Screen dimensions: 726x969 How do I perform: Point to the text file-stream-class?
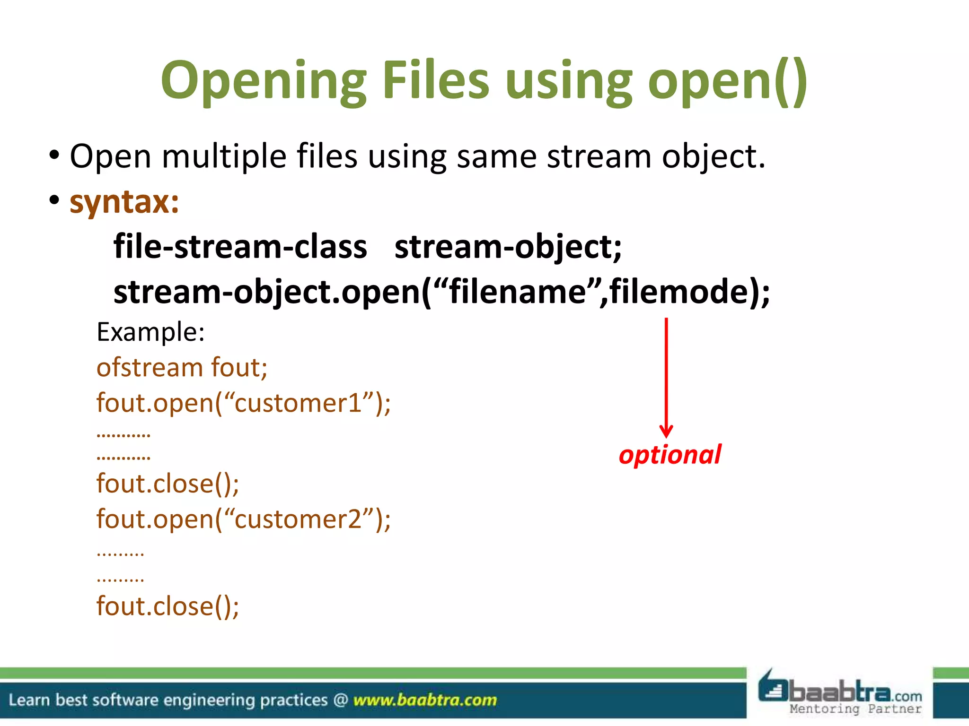click(240, 247)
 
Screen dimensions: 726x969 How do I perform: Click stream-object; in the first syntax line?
click(508, 247)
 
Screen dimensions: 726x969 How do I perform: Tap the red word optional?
click(670, 455)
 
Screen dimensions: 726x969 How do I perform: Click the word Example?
click(150, 332)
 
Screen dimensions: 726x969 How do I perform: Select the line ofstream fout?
click(182, 367)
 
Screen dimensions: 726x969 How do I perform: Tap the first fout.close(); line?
click(167, 484)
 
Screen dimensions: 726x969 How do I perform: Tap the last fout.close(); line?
click(167, 606)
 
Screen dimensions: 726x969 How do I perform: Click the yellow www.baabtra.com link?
click(424, 700)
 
